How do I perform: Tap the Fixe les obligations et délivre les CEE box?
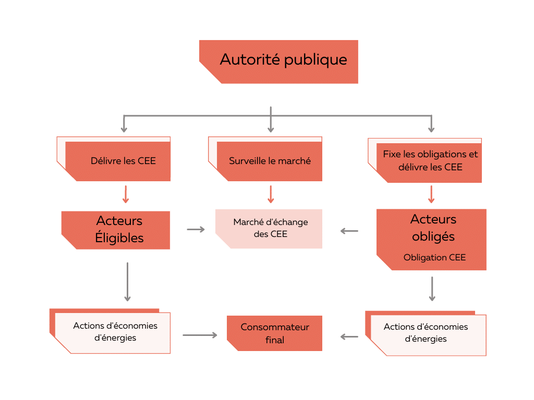[430, 160]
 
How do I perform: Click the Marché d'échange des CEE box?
[270, 229]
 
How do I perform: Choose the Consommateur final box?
[275, 333]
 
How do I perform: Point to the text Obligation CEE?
[434, 257]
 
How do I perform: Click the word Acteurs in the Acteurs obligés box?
[433, 219]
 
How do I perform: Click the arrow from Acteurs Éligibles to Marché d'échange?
[196, 229]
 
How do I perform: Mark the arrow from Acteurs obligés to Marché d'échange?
[349, 230]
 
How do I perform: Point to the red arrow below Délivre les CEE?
[125, 194]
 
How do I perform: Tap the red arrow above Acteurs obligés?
[431, 194]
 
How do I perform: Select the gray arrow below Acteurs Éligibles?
[127, 282]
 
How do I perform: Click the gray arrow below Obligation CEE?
[432, 289]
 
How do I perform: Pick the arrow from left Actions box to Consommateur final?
[199, 335]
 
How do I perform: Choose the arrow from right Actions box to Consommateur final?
[349, 336]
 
